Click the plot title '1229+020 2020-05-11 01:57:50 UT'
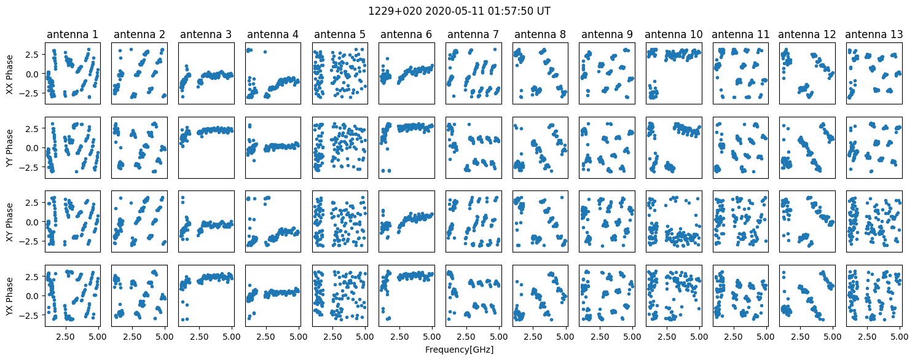pos(459,11)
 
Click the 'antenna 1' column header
pos(73,34)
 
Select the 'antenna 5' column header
pos(340,34)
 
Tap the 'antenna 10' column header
pos(673,34)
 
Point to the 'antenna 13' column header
pos(874,34)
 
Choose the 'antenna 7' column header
pos(473,34)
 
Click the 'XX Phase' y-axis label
pos(9,74)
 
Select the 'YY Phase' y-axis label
pos(9,148)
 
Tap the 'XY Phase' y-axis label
pos(9,222)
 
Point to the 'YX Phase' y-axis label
pos(9,296)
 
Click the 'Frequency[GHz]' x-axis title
pos(459,350)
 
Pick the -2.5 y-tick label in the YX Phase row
pos(31,315)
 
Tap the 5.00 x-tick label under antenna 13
pos(900,337)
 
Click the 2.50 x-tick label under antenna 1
pos(65,337)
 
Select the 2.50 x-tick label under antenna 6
pos(399,337)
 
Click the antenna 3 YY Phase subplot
pos(206,148)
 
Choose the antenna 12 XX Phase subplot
pos(807,74)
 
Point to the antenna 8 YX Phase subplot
pos(540,296)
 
